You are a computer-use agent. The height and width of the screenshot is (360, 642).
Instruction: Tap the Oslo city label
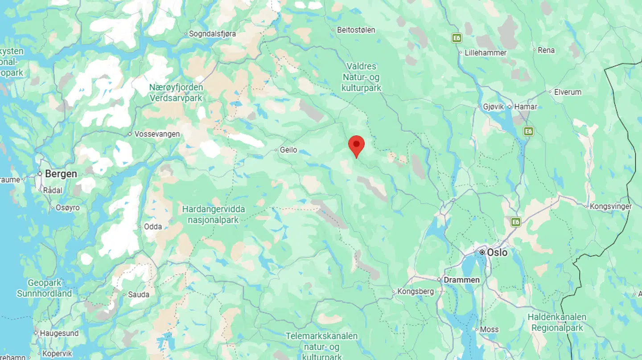[x=497, y=253]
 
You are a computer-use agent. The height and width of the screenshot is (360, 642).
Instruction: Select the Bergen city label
[x=60, y=174]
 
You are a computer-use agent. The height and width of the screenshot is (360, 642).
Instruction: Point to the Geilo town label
[x=288, y=150]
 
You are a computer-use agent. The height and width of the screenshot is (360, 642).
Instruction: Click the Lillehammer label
[x=486, y=53]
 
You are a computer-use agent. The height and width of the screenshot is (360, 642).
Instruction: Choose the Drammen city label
[x=461, y=280]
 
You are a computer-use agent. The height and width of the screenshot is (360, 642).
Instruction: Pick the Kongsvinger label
[x=610, y=207]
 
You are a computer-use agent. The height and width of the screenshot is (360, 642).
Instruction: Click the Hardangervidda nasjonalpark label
[x=213, y=214]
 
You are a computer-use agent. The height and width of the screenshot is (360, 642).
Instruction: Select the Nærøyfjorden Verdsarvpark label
[x=176, y=93]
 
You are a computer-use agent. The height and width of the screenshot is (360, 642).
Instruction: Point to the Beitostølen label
[x=356, y=30]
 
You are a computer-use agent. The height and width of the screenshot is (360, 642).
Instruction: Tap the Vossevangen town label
[x=157, y=134]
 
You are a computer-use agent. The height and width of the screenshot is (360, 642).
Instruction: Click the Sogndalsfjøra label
[x=212, y=34]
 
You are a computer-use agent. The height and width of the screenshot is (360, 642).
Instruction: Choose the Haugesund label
[x=59, y=333]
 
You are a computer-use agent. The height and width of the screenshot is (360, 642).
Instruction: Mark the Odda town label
[x=152, y=227]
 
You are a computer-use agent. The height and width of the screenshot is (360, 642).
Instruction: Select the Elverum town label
[x=568, y=92]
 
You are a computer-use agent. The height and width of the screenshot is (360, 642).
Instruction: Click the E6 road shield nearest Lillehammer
[x=456, y=38]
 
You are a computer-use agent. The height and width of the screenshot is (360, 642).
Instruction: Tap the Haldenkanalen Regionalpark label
[x=557, y=323]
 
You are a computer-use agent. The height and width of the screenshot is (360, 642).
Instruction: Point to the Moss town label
[x=489, y=330]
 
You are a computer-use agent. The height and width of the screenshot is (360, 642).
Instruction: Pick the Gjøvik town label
[x=493, y=107]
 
